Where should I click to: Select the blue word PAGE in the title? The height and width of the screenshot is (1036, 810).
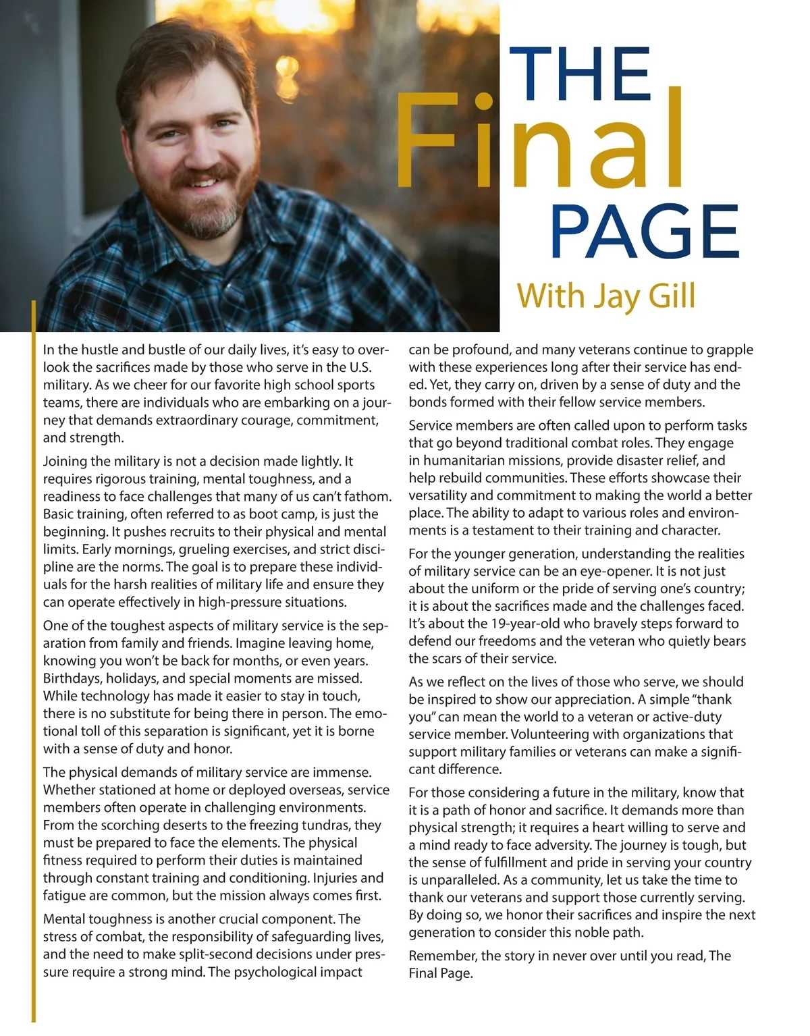(x=645, y=231)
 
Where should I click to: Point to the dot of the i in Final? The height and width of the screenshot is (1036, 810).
(x=483, y=101)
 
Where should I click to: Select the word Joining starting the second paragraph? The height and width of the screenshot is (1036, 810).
(x=65, y=462)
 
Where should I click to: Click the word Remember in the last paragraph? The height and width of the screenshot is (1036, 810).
(x=442, y=956)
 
